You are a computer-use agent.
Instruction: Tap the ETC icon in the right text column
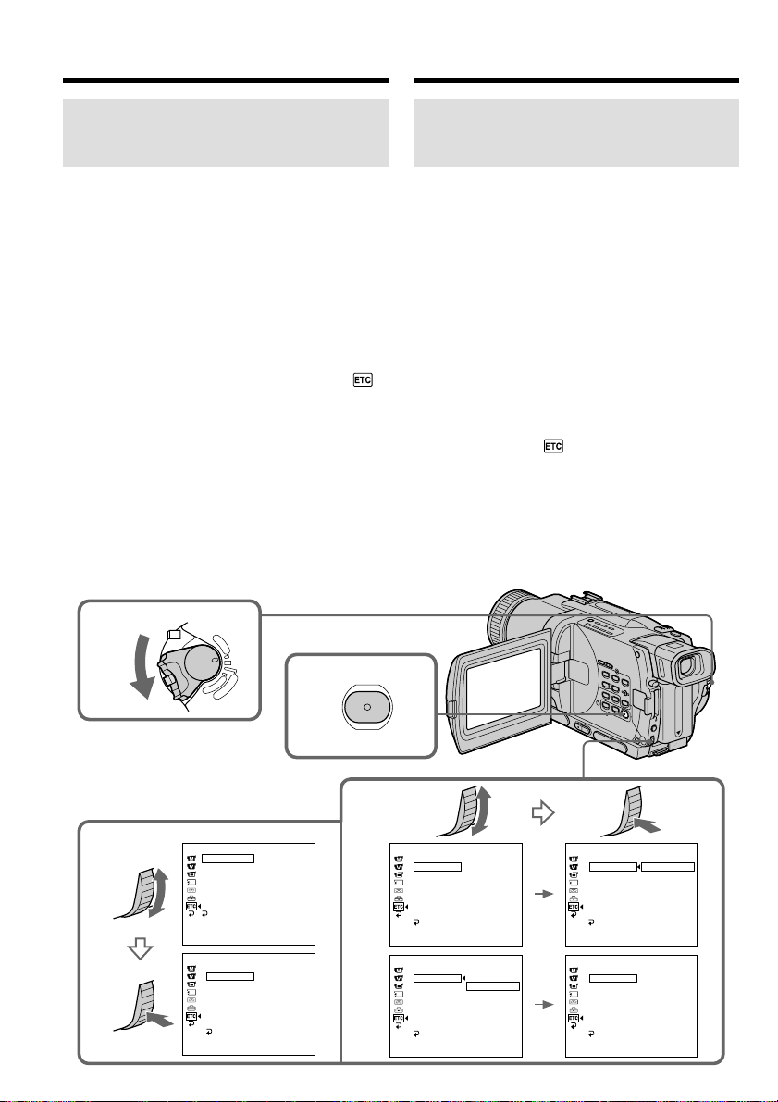[x=553, y=446]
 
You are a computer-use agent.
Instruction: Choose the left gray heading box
[x=225, y=133]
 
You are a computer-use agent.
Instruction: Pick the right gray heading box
[x=577, y=133]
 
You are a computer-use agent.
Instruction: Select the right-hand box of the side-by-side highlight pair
[x=667, y=867]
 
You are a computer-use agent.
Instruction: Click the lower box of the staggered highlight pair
[x=493, y=986]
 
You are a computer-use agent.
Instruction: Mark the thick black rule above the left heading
[x=225, y=81]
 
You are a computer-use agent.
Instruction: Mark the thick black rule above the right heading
[x=577, y=81]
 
